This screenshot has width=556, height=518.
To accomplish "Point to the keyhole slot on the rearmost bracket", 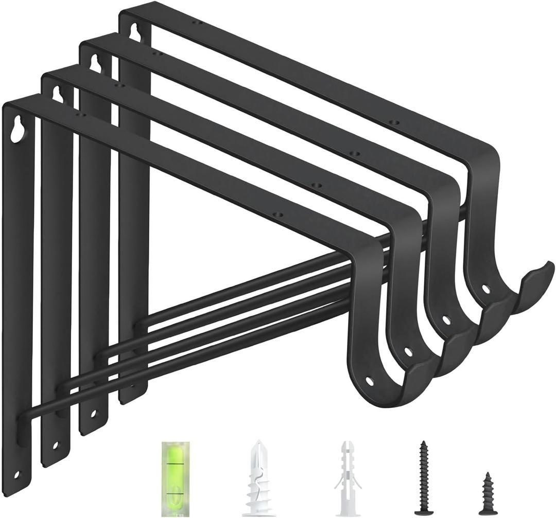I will coord(135,32).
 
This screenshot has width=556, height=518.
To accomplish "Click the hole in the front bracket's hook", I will coord(369,381).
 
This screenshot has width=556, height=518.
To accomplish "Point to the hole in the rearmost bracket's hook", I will coord(485,289).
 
